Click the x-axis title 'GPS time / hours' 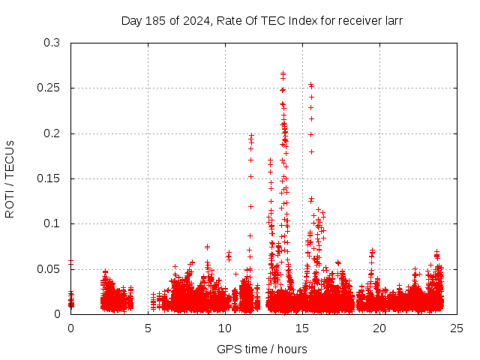[x=262, y=349]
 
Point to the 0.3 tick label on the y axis [x=52, y=43]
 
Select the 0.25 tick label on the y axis [x=49, y=88]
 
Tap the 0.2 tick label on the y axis [x=52, y=133]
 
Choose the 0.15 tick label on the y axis [x=49, y=178]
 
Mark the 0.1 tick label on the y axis [x=52, y=223]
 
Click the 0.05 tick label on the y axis [x=49, y=268]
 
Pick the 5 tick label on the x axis [x=148, y=328]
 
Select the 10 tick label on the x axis [x=225, y=328]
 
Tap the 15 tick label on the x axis [x=302, y=328]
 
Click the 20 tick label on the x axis [x=379, y=328]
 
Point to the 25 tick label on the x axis [x=457, y=328]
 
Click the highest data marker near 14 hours [x=283, y=73]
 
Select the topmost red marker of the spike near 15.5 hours [x=311, y=85]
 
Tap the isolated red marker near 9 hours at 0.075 [x=207, y=246]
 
